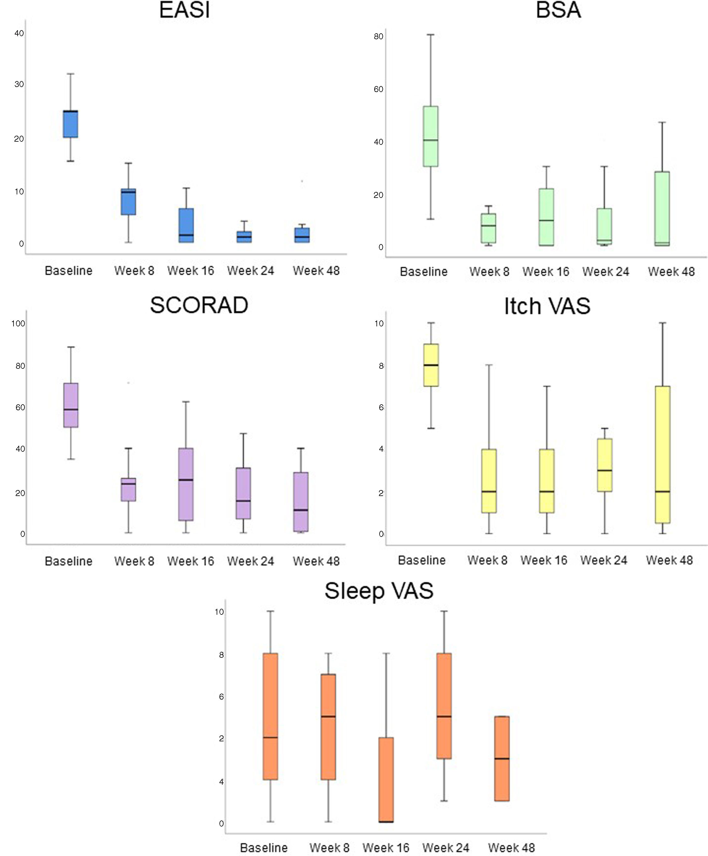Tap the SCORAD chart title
(x=199, y=305)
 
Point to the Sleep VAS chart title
(x=379, y=591)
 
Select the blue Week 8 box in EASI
(x=129, y=202)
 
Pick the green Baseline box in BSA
(x=430, y=136)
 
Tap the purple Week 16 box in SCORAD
(x=186, y=484)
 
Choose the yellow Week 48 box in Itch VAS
(x=663, y=455)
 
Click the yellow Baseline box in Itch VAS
(x=431, y=365)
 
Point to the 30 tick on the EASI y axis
(x=19, y=85)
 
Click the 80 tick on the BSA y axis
(x=378, y=36)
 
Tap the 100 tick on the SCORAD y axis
(x=18, y=324)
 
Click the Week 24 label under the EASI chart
(x=251, y=271)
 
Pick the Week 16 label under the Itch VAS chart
(x=544, y=560)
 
